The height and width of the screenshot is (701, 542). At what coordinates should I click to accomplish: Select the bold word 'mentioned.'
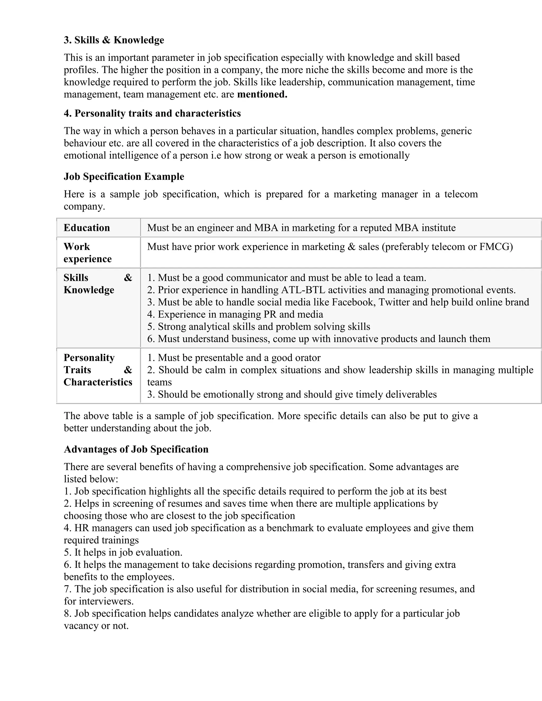click(x=262, y=94)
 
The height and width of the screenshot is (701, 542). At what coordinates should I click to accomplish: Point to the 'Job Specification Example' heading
click(x=124, y=176)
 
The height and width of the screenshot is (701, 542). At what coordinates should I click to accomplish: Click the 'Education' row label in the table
click(x=87, y=228)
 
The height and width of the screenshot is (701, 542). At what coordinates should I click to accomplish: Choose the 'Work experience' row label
click(x=87, y=253)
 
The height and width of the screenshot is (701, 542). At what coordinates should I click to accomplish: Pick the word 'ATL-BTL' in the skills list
click(x=303, y=290)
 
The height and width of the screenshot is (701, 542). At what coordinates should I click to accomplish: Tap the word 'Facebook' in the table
click(x=352, y=302)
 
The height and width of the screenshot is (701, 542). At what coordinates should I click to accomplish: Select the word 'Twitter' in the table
click(x=395, y=302)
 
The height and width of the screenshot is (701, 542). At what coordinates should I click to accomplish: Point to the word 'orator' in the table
click(x=306, y=358)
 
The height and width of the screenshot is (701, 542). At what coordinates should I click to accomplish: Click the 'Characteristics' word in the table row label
click(x=98, y=382)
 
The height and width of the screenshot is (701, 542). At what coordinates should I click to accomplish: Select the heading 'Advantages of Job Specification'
click(x=136, y=449)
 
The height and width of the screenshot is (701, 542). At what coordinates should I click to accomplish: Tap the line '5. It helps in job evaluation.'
click(x=123, y=552)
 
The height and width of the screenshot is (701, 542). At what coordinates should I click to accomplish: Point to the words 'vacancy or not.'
click(x=96, y=626)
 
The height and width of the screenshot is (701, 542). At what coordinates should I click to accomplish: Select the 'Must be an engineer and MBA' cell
click(x=301, y=228)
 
